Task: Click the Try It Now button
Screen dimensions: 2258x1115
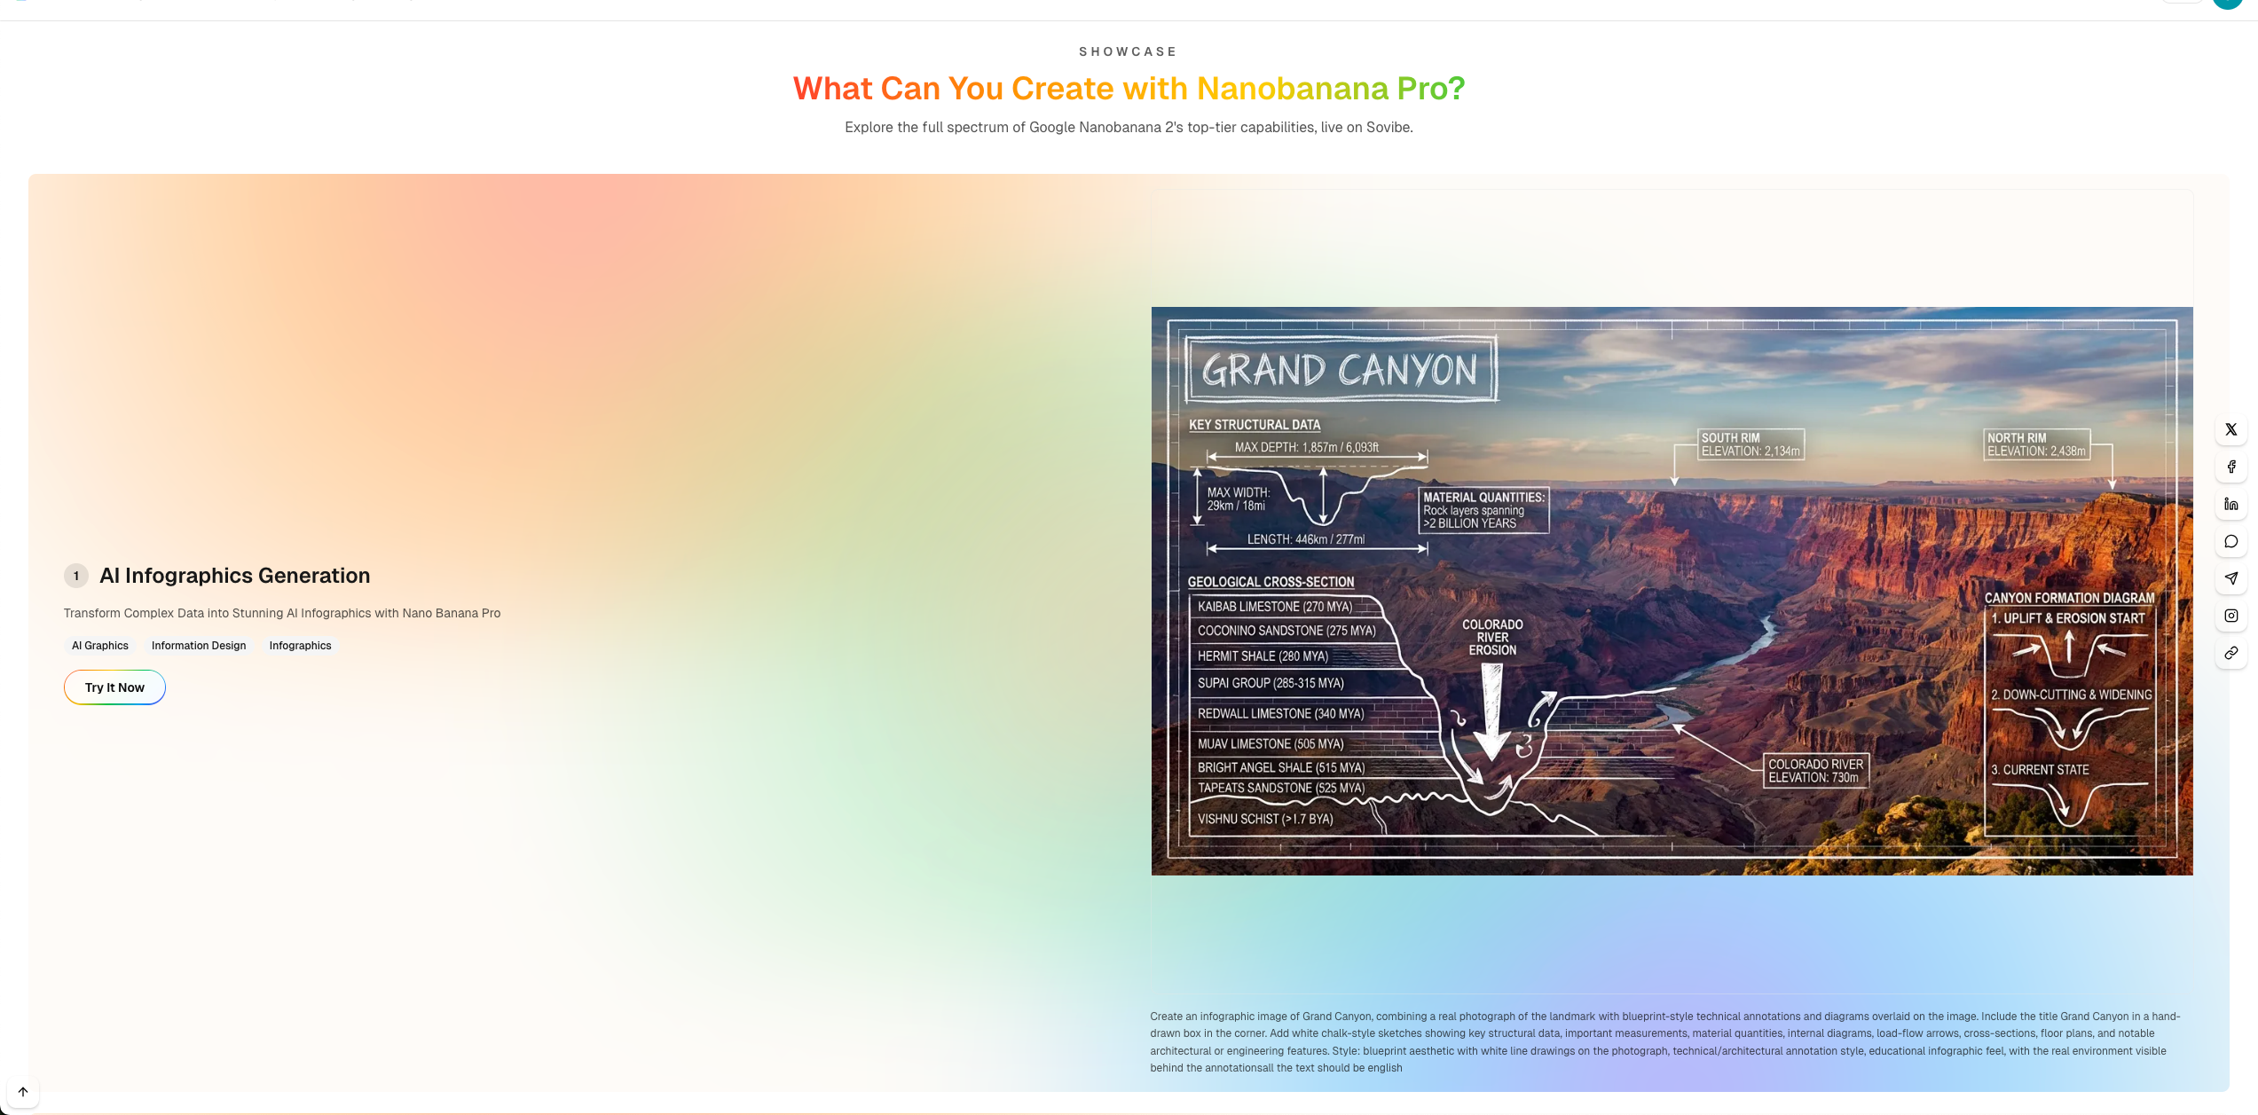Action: (x=114, y=687)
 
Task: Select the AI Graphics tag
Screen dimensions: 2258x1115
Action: (x=100, y=646)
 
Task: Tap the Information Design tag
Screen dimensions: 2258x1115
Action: (x=199, y=646)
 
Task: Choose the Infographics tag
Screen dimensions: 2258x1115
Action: (x=300, y=646)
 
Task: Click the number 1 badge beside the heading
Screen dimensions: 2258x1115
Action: (x=76, y=576)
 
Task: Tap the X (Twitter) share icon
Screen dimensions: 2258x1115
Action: (x=2231, y=429)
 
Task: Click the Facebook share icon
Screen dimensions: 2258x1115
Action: (x=2231, y=467)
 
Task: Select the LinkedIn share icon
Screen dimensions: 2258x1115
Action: (x=2231, y=504)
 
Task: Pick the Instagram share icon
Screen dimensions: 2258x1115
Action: (x=2231, y=616)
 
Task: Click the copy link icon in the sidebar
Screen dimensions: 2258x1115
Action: (x=2231, y=653)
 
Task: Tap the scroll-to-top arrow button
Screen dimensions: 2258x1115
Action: (x=23, y=1092)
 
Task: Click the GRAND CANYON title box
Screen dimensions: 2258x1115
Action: (x=1341, y=369)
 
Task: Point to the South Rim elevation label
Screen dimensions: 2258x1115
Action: (x=1751, y=444)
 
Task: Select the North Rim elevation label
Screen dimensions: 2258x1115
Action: (x=2036, y=444)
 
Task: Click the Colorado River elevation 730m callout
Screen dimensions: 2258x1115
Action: (x=1815, y=771)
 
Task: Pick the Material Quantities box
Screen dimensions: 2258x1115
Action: (x=1483, y=510)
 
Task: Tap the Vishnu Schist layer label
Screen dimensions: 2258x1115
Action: (x=1265, y=819)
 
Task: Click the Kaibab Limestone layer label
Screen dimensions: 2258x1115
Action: (x=1275, y=607)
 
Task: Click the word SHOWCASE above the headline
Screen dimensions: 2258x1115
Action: (x=1128, y=51)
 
